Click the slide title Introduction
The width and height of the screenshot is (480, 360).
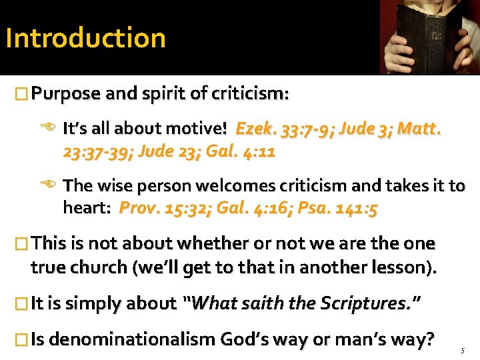coord(85,37)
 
